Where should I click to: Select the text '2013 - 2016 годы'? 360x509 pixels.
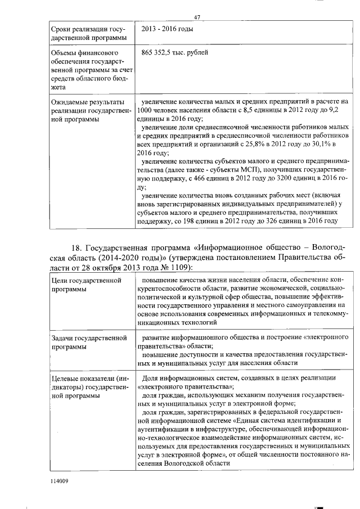click(169, 29)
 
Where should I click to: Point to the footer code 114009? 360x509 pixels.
click(59, 481)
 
